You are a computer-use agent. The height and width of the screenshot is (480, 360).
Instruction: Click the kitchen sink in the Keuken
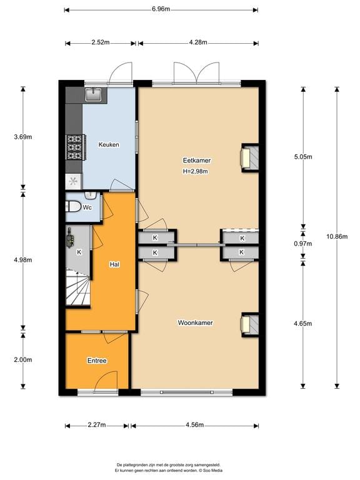[93, 94]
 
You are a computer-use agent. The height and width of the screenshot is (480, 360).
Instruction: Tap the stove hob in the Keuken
[75, 147]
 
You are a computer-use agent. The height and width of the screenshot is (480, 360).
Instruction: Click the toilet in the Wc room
[73, 206]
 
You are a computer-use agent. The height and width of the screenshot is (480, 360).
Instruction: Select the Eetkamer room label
[197, 160]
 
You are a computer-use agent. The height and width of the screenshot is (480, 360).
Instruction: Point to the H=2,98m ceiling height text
[195, 171]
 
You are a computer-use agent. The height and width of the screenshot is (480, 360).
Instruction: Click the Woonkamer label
[195, 322]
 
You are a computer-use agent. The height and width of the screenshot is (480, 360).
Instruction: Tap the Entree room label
[97, 361]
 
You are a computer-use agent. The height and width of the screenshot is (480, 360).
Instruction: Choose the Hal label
[114, 264]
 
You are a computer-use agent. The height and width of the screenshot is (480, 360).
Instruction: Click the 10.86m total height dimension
[337, 236]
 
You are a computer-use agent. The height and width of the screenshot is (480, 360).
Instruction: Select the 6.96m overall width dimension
[161, 9]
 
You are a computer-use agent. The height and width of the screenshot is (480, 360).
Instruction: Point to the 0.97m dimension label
[302, 244]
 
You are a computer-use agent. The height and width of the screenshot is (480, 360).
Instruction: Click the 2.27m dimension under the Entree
[97, 425]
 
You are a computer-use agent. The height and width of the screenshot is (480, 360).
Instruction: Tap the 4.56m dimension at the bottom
[194, 425]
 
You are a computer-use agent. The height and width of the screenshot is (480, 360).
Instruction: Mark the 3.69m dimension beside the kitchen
[23, 137]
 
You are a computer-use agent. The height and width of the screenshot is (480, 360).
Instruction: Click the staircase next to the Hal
[78, 287]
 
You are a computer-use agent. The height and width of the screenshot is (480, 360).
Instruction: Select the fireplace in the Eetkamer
[249, 157]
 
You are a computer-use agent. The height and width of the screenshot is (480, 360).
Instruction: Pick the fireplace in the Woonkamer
[249, 325]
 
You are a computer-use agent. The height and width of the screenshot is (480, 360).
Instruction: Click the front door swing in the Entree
[106, 381]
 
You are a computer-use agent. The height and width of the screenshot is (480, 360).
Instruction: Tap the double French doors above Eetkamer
[196, 73]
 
